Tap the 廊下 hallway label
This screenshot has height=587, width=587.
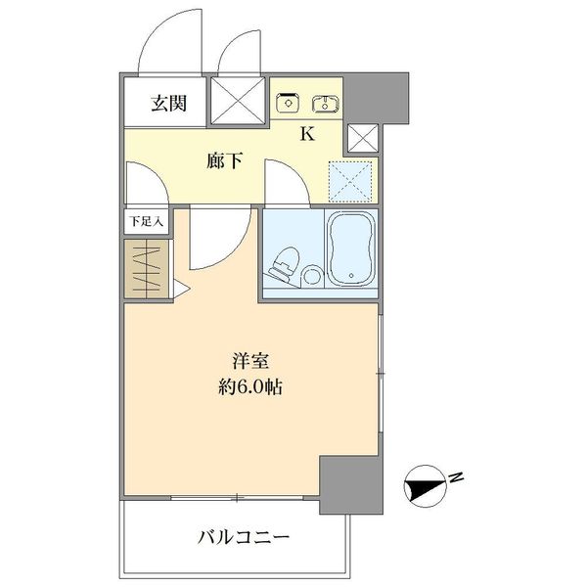[x=224, y=161]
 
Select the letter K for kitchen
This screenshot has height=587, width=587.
[x=306, y=135]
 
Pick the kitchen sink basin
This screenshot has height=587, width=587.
[x=324, y=103]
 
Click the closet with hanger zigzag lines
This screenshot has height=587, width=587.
[x=147, y=269]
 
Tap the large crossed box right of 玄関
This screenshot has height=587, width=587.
[x=238, y=101]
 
